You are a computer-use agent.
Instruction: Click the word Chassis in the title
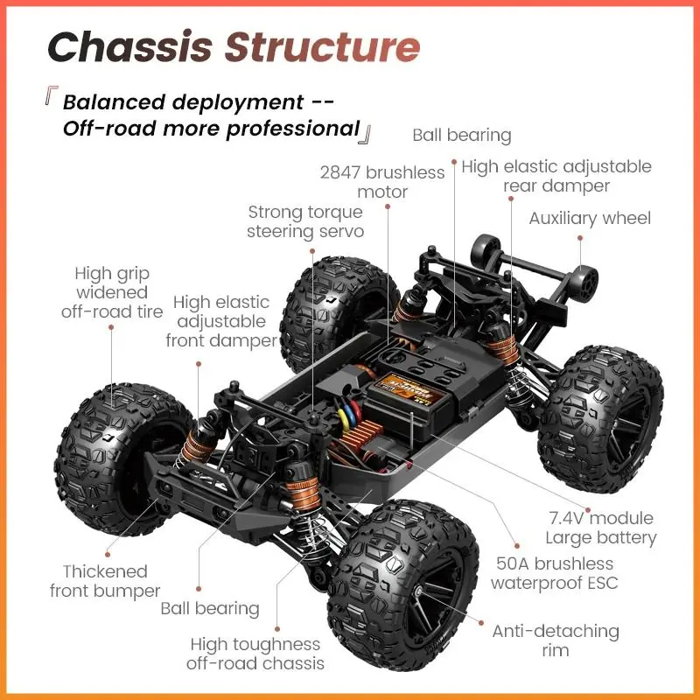tap(129, 47)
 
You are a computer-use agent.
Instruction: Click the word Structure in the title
tap(322, 47)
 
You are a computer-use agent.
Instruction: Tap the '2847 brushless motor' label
tap(382, 182)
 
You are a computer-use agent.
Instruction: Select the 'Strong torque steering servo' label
tap(304, 221)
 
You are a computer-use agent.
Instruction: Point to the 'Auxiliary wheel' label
tap(590, 218)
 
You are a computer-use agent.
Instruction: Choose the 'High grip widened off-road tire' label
tap(112, 292)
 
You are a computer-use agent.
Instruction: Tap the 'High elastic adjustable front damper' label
tap(221, 321)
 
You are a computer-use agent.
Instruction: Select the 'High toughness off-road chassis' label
tap(255, 654)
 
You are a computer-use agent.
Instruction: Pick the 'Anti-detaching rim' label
tap(556, 640)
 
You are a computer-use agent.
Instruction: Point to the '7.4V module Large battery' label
tap(600, 528)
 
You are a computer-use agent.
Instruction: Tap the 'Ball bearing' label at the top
tap(461, 135)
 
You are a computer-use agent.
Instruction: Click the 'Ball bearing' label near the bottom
tap(210, 608)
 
